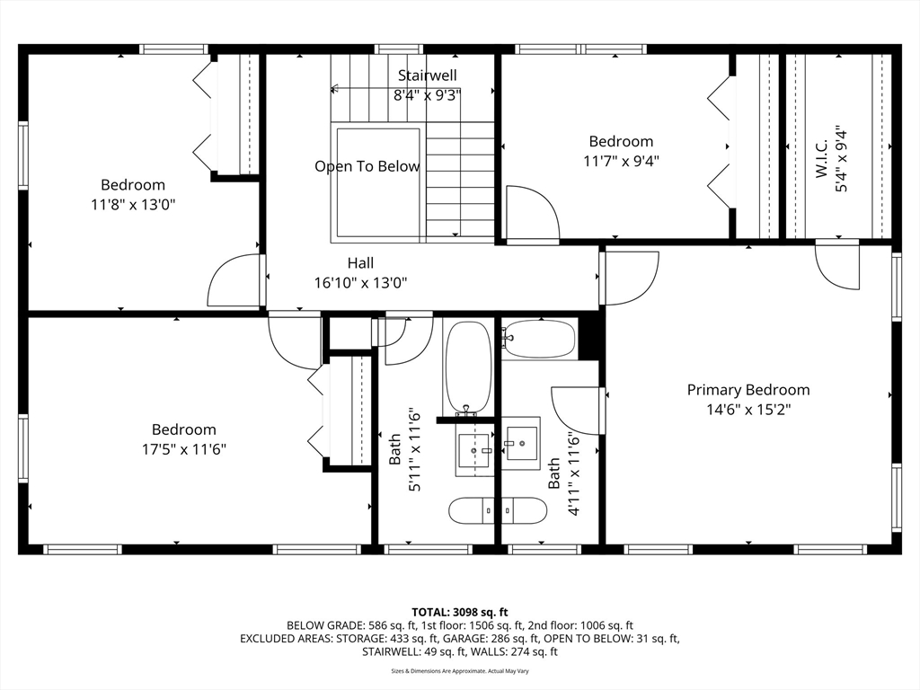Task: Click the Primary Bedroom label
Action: coord(748,390)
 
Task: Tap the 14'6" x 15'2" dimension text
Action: coord(748,410)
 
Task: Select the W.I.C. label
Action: coord(821,158)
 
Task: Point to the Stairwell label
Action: coord(427,75)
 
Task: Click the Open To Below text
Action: coord(367,166)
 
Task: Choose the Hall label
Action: coord(360,263)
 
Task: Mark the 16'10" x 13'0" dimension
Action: coord(360,283)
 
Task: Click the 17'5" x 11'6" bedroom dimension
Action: coord(183,449)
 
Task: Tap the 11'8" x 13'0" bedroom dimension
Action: coord(133,205)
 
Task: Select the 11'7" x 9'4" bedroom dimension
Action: coord(621,161)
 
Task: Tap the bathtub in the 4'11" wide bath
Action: coord(540,339)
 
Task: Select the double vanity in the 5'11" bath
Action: coord(498,510)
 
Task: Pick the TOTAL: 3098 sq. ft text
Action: coord(460,613)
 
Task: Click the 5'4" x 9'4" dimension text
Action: coord(841,158)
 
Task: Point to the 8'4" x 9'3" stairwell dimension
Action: coord(427,95)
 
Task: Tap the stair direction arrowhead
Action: coord(334,89)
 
